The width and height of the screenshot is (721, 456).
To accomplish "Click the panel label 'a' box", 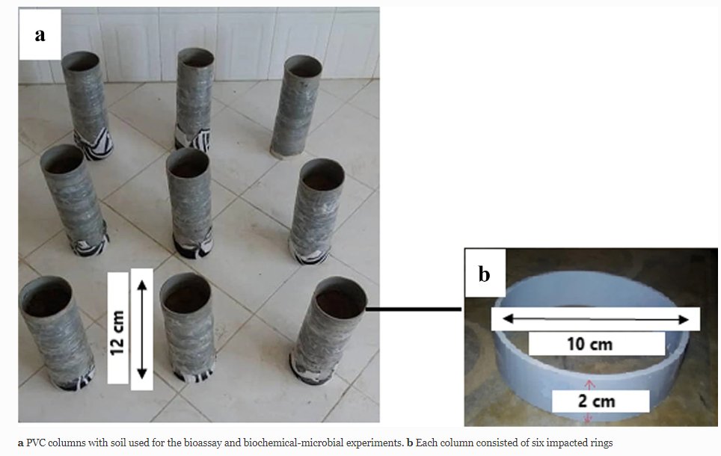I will click(40, 34).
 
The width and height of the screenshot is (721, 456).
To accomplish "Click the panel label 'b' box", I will click(484, 274).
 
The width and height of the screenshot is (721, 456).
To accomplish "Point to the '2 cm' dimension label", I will click(596, 401).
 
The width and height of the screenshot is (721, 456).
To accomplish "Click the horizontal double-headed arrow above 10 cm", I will click(595, 319).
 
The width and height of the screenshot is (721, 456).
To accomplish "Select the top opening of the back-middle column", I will click(195, 57).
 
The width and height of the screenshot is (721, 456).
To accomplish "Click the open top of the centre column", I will click(188, 158).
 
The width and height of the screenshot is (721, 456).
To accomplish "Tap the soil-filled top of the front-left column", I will click(45, 297).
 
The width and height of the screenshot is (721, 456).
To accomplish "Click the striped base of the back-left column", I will click(93, 144).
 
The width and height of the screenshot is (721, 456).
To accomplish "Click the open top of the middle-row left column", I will click(61, 158).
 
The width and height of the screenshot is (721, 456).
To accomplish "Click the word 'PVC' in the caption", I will click(37, 443).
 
